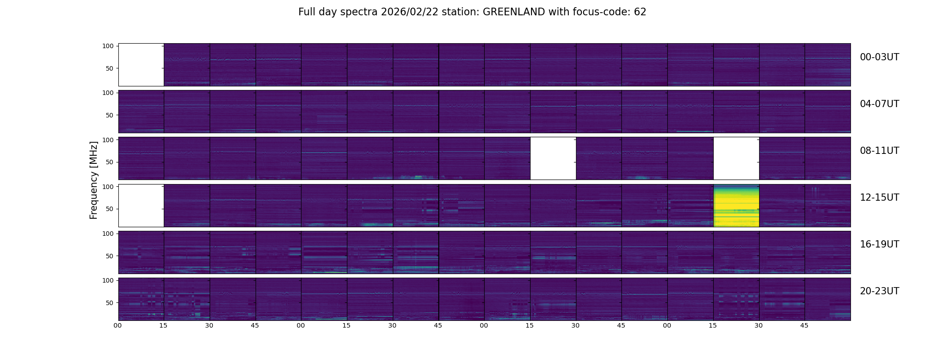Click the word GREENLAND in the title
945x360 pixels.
coord(514,12)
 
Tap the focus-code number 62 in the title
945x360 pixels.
coord(640,12)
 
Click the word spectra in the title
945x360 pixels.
coord(359,13)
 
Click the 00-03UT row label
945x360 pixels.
coord(879,57)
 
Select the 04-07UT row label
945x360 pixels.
coord(879,104)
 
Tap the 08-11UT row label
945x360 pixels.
coord(879,151)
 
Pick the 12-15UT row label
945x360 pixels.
coord(879,198)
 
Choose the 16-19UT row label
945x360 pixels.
coord(879,244)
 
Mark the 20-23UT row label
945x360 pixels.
coord(879,291)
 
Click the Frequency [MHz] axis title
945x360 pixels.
coord(94,180)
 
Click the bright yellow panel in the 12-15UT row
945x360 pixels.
coord(736,205)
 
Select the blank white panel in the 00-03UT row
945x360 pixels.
coord(141,65)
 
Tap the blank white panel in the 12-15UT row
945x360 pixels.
coord(141,205)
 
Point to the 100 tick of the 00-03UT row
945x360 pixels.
coord(108,46)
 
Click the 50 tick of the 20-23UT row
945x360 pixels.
coord(110,303)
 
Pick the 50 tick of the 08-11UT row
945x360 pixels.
coord(110,162)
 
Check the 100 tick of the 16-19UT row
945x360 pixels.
coord(108,234)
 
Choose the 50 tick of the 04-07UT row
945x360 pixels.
coord(110,115)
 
